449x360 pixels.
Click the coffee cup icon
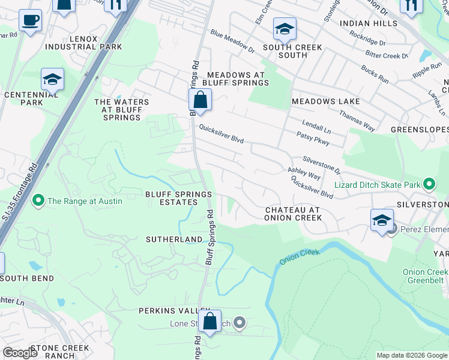(30, 21)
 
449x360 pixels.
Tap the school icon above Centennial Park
(53, 79)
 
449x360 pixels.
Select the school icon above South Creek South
(285, 29)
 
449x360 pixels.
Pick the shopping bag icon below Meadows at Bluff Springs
(200, 100)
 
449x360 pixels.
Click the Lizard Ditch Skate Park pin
(429, 185)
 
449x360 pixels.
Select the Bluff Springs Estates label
(179, 199)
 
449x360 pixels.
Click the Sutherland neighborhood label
(174, 239)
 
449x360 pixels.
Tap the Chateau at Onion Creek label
(293, 214)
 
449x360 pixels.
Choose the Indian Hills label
(368, 23)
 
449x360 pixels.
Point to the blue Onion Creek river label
(300, 257)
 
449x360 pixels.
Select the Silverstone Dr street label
(321, 162)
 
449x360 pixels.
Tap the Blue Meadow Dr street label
(232, 42)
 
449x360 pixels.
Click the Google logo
(20, 353)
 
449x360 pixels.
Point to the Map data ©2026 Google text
(411, 355)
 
